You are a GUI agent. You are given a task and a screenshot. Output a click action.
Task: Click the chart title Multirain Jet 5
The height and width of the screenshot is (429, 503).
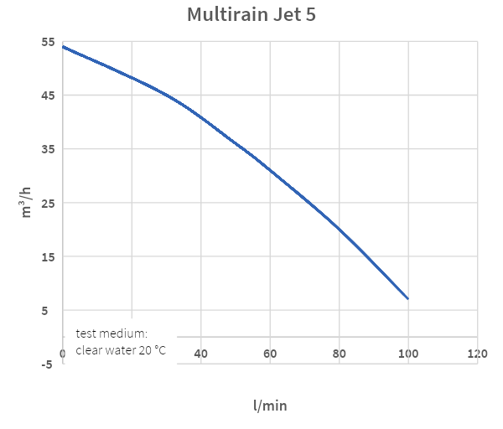[251, 15]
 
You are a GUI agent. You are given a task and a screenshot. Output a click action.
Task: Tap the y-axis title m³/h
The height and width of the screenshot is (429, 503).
[29, 202]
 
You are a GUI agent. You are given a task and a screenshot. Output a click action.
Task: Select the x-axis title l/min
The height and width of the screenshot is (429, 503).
[270, 406]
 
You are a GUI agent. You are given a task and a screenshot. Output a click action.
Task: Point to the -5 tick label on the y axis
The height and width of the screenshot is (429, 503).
[47, 364]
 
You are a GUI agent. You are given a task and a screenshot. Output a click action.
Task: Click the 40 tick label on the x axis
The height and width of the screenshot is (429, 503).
[201, 354]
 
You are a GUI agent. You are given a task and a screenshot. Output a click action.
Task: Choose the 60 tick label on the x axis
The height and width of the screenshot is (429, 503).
[270, 354]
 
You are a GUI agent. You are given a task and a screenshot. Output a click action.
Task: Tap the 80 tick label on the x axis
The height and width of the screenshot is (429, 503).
[339, 354]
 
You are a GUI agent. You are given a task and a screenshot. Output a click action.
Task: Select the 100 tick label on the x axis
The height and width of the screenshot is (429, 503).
[408, 354]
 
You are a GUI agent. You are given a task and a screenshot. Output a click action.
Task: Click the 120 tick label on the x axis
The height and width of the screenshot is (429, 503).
[477, 354]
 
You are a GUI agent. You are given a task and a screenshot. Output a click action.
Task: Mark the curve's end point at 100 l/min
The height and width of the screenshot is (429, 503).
[408, 298]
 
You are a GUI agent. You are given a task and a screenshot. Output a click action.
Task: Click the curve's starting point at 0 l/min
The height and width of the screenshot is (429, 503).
[63, 47]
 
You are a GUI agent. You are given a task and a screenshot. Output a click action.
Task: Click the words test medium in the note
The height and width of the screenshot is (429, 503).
[111, 333]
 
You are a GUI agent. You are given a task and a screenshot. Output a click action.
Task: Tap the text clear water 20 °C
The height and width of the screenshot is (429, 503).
[121, 350]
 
